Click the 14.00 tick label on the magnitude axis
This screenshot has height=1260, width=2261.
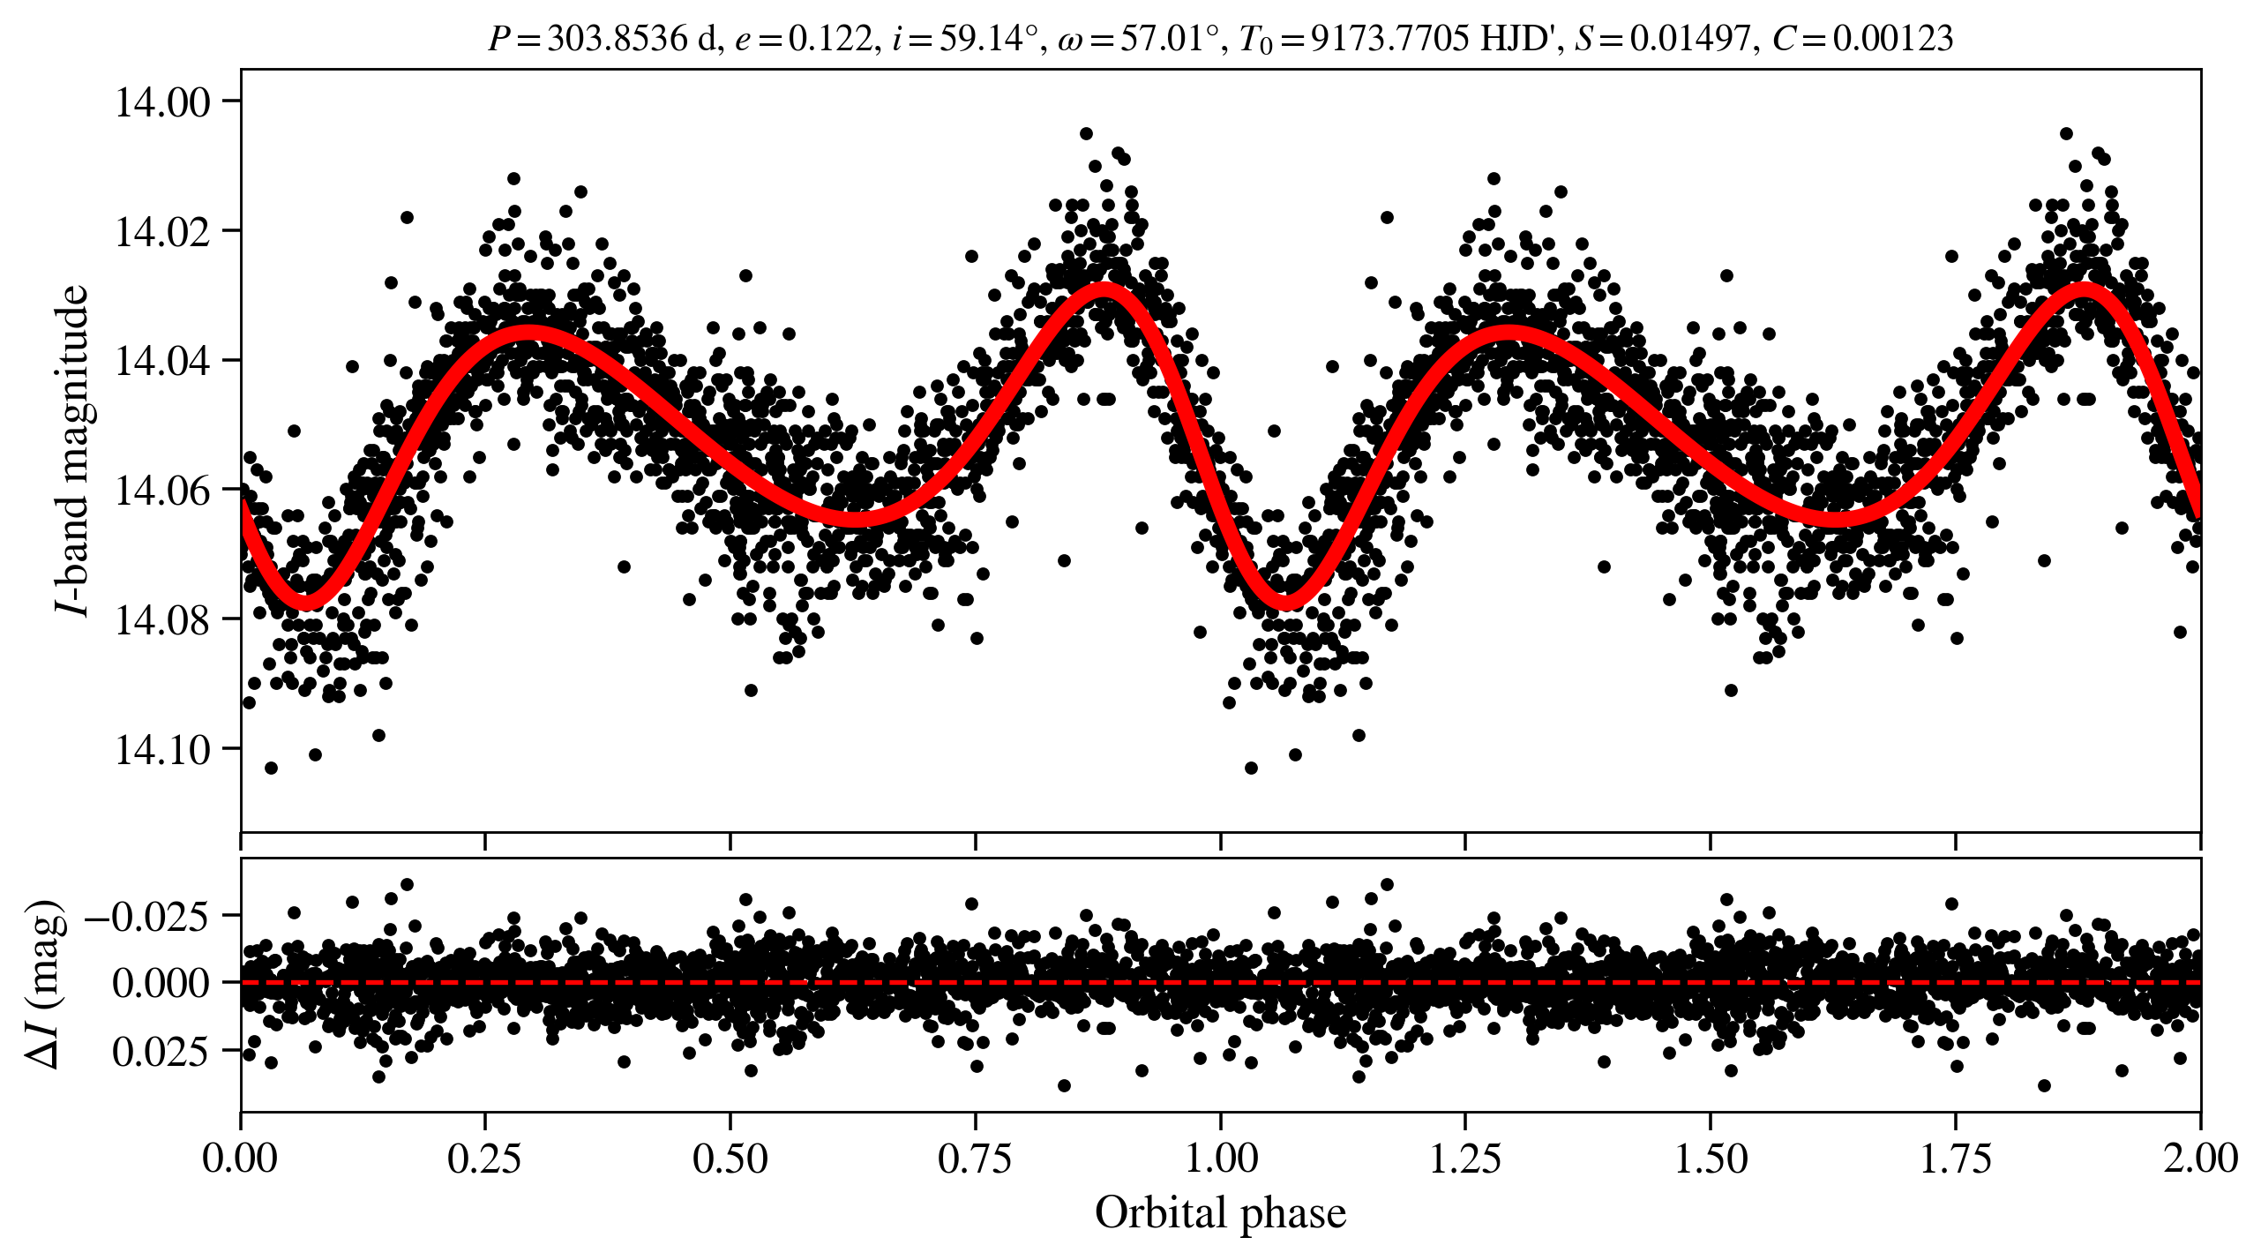(x=163, y=102)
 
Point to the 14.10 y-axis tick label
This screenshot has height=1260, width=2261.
(x=163, y=750)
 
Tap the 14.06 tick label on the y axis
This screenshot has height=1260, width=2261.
(x=163, y=491)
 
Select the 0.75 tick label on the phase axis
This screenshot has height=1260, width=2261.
(x=975, y=1159)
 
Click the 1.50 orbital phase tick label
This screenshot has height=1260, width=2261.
(x=1711, y=1159)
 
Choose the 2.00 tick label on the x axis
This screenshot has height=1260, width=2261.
(x=2199, y=1159)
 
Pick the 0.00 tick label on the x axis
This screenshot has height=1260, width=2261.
(x=240, y=1159)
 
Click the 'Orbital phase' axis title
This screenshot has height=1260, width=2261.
(x=1220, y=1213)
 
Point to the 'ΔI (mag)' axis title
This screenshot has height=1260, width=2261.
(x=46, y=984)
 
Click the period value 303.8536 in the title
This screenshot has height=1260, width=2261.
(x=617, y=39)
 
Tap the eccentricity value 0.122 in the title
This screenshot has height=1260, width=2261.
(x=830, y=39)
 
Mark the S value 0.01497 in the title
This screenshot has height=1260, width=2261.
(x=1689, y=39)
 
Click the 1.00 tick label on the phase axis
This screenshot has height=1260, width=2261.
(x=1220, y=1159)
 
